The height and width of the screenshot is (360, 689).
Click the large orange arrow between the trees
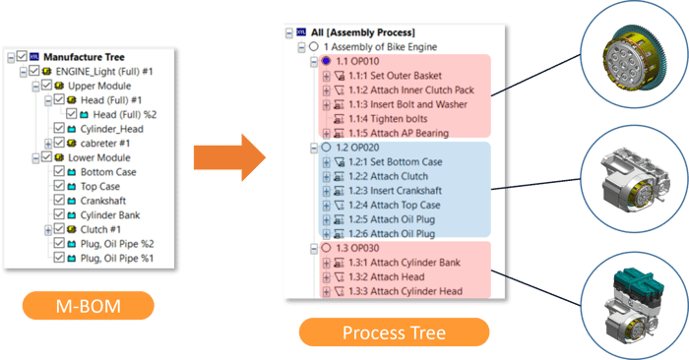pyautogui.click(x=228, y=155)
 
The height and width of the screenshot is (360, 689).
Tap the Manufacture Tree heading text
pyautogui.click(x=94, y=56)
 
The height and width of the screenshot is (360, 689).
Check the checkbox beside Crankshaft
pyautogui.click(x=57, y=200)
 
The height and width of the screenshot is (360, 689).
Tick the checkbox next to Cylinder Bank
pyautogui.click(x=57, y=214)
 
